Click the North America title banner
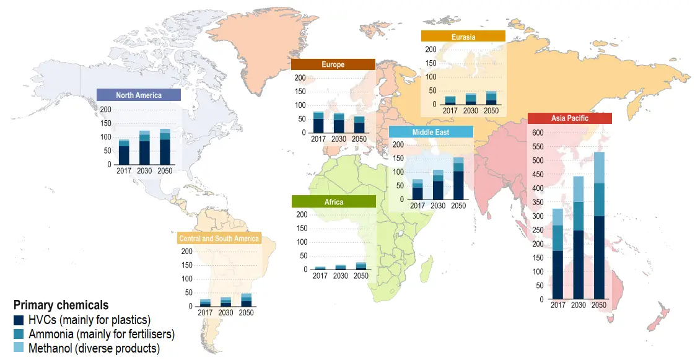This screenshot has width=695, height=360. [x=139, y=95]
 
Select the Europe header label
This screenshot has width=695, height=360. [x=333, y=64]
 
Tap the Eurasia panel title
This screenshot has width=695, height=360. [x=463, y=37]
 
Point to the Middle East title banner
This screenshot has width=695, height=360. [x=431, y=132]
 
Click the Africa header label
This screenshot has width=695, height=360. [x=333, y=202]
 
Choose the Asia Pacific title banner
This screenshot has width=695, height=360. [x=569, y=118]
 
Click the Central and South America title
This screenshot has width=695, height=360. [x=219, y=239]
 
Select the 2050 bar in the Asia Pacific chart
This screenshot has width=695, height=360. [x=599, y=226]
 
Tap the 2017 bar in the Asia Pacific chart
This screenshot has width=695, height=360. [x=557, y=254]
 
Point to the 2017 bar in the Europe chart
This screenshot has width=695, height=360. [x=318, y=123]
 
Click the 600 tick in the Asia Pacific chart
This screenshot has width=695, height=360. [x=537, y=133]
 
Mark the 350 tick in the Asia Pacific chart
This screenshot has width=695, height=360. [x=537, y=202]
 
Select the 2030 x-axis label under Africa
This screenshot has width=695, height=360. [x=340, y=276]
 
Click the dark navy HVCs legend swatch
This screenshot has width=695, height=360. [x=19, y=320]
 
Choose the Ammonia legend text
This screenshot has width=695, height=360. [x=102, y=335]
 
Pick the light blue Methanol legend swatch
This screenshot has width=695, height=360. [x=19, y=348]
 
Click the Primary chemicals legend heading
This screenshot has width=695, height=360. [x=61, y=305]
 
